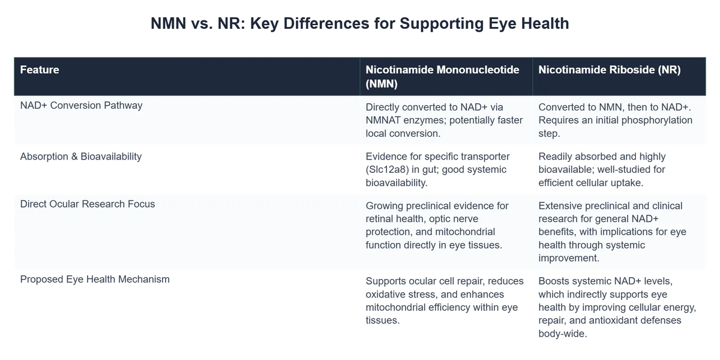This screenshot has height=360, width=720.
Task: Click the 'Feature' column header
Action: (40, 70)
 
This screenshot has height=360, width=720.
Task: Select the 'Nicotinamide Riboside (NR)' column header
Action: (609, 70)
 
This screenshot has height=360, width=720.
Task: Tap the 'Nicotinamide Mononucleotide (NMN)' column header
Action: (442, 76)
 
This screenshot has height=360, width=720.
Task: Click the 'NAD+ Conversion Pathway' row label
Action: (81, 106)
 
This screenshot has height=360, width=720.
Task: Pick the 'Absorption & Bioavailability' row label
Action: (81, 156)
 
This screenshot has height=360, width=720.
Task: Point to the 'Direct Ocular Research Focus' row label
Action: (88, 204)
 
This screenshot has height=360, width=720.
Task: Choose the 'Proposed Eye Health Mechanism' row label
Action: (95, 279)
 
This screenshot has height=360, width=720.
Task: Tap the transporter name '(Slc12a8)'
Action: (391, 170)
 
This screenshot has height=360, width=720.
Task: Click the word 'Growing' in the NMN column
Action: (385, 206)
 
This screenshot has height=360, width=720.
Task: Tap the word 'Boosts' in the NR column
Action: (554, 281)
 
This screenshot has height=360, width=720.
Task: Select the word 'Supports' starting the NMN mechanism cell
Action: (387, 281)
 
